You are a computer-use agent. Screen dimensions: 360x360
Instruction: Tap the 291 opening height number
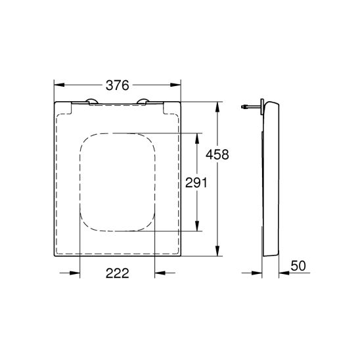[x=196, y=183]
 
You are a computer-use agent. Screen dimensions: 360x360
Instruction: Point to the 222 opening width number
[x=116, y=274]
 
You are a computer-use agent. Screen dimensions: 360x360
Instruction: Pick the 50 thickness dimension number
[x=298, y=265]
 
